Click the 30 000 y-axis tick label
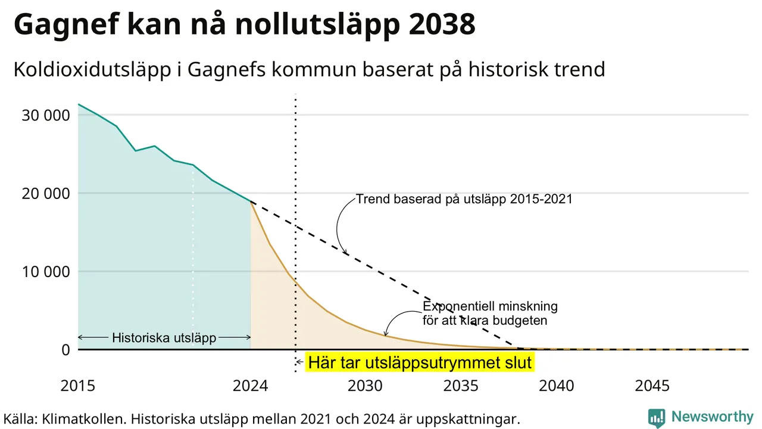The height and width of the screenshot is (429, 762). point(46,116)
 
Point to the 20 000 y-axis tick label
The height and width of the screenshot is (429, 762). point(46,194)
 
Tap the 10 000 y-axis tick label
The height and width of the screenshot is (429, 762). point(46,272)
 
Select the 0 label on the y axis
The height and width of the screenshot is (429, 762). point(65,350)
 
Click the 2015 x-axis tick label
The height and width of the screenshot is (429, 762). point(78,386)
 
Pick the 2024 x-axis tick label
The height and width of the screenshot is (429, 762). point(251,386)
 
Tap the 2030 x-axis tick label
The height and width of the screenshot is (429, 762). point(366,386)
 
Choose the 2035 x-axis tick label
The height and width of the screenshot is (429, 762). point(461,386)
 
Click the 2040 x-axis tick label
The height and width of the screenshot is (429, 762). point(557,386)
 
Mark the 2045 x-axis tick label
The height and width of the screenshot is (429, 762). point(652,386)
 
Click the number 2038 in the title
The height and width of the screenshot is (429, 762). point(442,24)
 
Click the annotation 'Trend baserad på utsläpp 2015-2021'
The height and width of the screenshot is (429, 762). point(464,199)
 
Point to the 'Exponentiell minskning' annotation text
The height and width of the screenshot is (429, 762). point(490,306)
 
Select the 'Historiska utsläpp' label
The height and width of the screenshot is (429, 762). point(164,338)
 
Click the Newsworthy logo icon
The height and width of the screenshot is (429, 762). point(657,418)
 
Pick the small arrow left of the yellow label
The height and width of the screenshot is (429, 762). point(299,362)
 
